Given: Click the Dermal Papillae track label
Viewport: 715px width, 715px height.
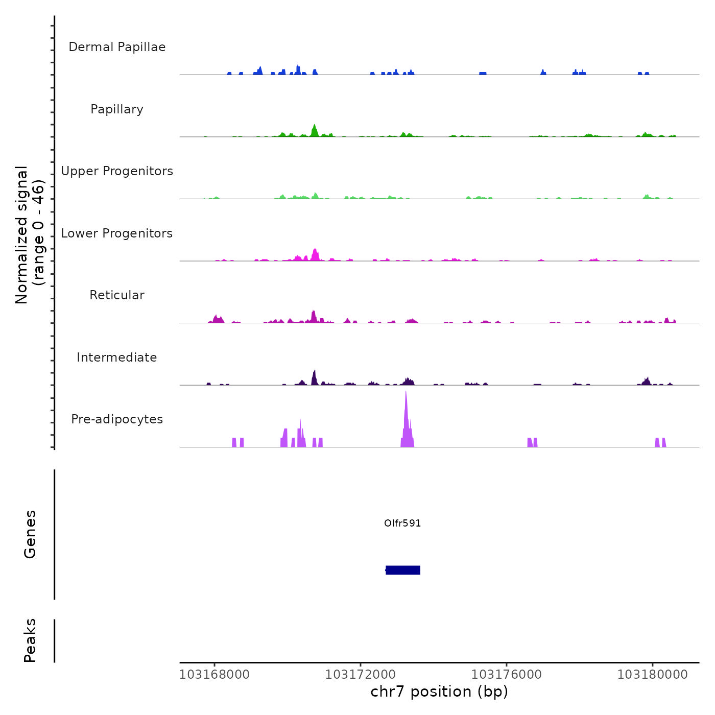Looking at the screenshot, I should click(x=117, y=47).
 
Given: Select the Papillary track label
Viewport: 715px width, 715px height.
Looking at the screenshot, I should click(x=117, y=109).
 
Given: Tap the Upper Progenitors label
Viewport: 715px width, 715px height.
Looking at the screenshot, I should click(x=117, y=171).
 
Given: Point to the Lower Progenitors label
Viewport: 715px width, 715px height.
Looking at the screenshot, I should click(x=117, y=233).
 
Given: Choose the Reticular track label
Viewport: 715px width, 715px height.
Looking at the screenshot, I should click(x=117, y=295).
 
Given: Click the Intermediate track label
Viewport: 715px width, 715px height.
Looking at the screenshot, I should click(x=117, y=357).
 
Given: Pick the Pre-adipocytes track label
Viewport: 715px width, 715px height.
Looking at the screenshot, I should click(x=117, y=419).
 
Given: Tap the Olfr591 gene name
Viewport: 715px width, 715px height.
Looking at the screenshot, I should click(x=402, y=523).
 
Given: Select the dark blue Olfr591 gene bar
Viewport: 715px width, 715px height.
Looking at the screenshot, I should click(x=403, y=570).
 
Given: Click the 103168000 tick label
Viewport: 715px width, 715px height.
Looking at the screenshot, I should click(x=214, y=675).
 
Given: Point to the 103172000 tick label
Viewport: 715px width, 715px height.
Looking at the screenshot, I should click(x=361, y=675).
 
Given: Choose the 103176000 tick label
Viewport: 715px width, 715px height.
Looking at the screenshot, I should click(x=507, y=675).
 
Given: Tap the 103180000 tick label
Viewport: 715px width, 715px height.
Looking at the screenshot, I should click(x=653, y=675).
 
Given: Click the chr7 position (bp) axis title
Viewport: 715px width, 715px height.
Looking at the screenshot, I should click(x=439, y=692).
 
